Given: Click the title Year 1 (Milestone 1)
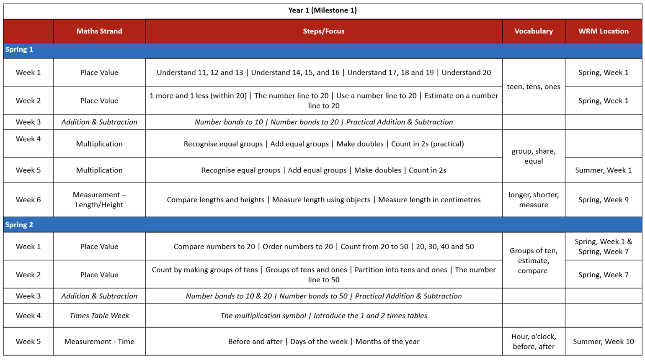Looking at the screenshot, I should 322,10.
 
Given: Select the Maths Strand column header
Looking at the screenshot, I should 99,31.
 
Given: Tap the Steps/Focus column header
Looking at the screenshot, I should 323,31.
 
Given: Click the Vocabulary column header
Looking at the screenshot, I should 533,31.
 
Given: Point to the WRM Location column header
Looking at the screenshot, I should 603,31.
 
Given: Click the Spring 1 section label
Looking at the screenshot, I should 19,49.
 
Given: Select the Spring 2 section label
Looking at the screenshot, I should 19,225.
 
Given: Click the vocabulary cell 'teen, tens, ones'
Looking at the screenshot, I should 533,87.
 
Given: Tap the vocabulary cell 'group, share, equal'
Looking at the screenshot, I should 533,156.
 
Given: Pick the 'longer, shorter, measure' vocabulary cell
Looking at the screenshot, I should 533,200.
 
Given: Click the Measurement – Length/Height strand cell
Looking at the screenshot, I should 99,200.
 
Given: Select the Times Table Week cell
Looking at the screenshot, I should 99,316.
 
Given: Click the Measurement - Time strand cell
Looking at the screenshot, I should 99,342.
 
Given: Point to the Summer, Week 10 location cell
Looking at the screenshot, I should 603,342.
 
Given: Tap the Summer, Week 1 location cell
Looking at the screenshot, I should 603,170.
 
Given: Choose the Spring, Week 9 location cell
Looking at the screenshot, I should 603,200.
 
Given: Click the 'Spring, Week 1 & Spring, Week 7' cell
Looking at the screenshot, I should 603,247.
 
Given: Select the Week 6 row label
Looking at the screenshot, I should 28,200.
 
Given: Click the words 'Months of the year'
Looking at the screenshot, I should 387,342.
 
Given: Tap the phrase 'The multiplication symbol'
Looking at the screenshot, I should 263,316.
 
